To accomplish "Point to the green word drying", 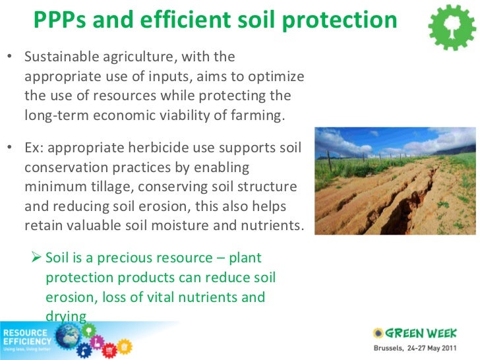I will tap(66, 316).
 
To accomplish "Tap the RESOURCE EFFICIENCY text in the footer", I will tap(27, 337).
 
